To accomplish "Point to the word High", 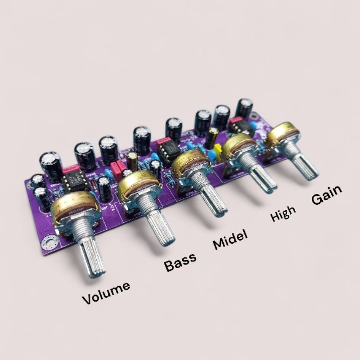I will (283, 213).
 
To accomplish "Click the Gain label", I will (327, 194).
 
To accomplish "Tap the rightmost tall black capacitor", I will (244, 108).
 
